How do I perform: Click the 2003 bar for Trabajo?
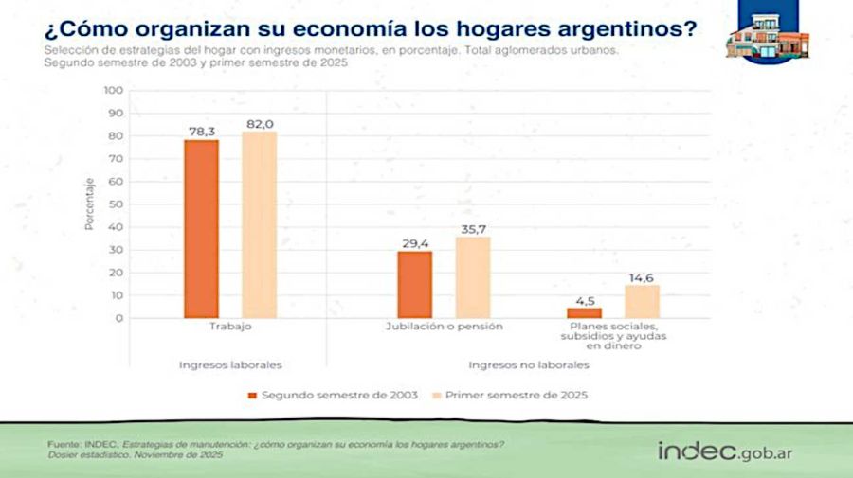click(201, 228)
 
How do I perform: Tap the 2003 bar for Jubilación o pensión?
click(414, 284)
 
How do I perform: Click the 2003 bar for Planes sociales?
click(584, 312)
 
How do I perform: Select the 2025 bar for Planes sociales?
click(642, 301)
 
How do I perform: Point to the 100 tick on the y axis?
click(113, 90)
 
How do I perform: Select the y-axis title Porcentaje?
click(89, 204)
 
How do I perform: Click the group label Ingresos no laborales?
click(528, 364)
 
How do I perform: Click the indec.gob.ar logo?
click(725, 450)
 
